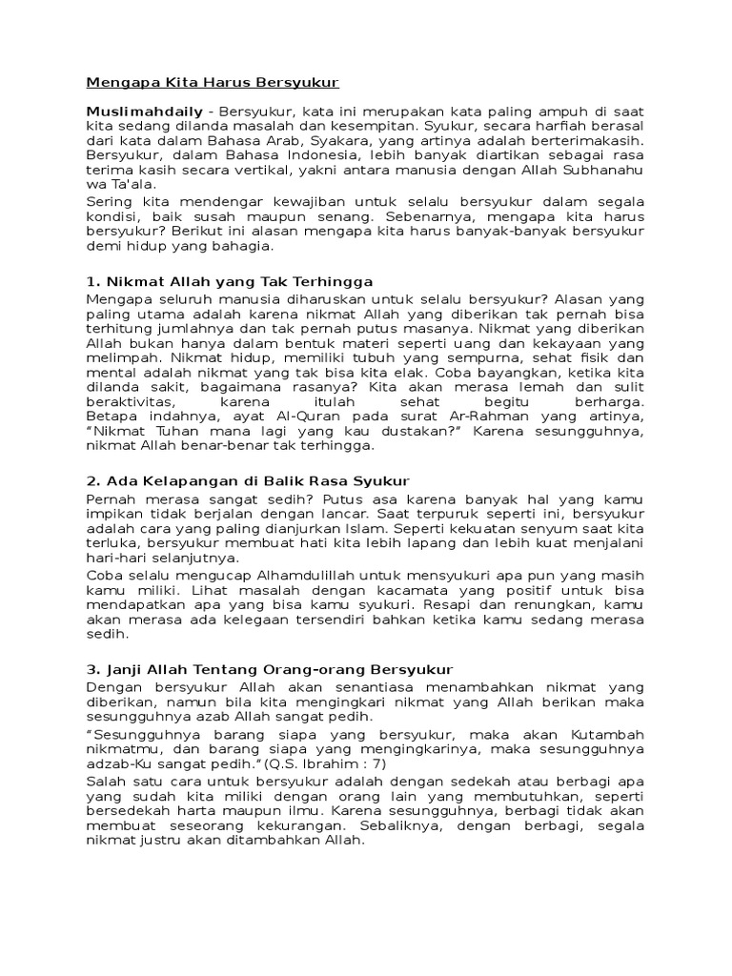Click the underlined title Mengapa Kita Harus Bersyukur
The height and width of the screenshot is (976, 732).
click(213, 82)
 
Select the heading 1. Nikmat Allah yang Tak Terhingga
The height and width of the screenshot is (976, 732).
click(229, 281)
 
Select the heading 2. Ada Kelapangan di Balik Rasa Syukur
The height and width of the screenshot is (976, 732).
click(248, 480)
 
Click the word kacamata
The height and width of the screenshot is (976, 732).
click(401, 590)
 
